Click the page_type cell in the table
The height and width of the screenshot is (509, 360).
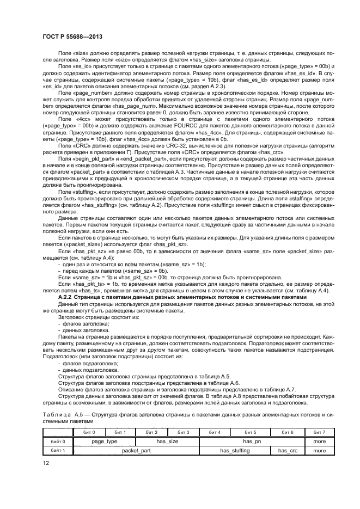(105, 441)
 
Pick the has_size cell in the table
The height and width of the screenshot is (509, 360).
(168, 441)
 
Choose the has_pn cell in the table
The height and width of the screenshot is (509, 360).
(247, 441)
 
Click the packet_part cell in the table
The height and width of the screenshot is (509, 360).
(136, 450)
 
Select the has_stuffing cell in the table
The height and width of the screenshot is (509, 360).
(234, 450)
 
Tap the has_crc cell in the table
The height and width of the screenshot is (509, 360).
(287, 450)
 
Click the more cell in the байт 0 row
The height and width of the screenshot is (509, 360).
(319, 441)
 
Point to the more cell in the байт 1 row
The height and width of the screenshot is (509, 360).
(319, 450)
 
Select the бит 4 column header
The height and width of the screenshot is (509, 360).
(215, 432)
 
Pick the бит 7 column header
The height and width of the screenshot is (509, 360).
(319, 432)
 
